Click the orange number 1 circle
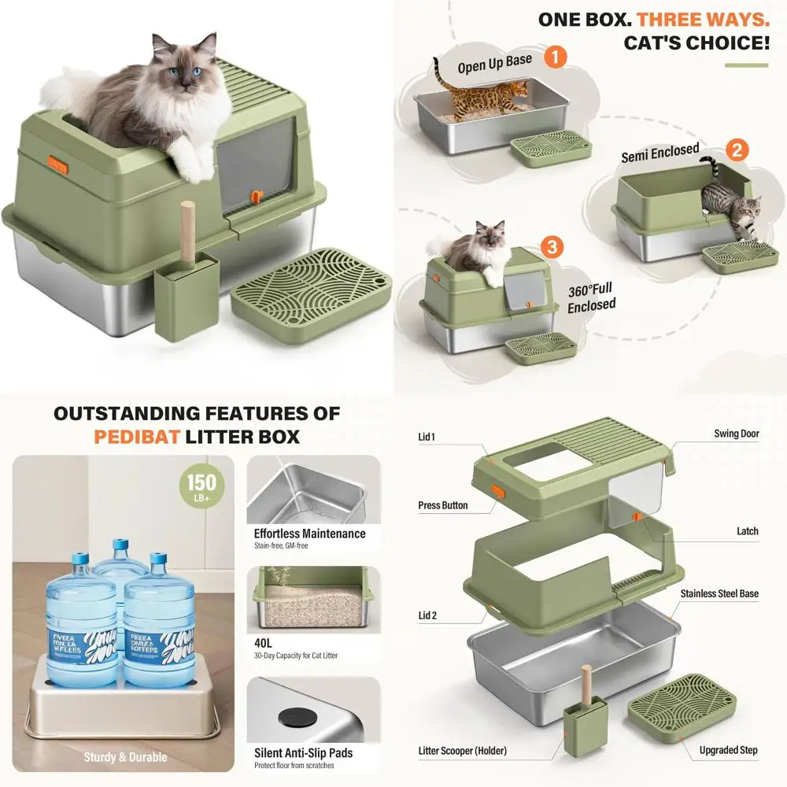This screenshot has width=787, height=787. pyautogui.click(x=556, y=57)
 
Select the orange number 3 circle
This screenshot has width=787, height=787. pyautogui.click(x=553, y=246)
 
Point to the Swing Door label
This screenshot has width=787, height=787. pyautogui.click(x=736, y=434)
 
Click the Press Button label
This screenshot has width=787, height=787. pyautogui.click(x=442, y=505)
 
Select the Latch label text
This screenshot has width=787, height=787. pyautogui.click(x=747, y=531)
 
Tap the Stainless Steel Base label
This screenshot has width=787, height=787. pyautogui.click(x=719, y=593)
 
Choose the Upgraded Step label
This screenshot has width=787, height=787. pyautogui.click(x=728, y=750)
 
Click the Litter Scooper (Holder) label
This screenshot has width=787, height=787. pyautogui.click(x=462, y=750)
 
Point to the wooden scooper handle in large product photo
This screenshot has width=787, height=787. pyautogui.click(x=188, y=227)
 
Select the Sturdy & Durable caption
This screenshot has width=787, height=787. pyautogui.click(x=125, y=757)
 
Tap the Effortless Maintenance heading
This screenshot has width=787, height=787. pyautogui.click(x=309, y=533)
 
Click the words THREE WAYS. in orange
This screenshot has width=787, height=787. pyautogui.click(x=703, y=19)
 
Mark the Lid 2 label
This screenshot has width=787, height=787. pyautogui.click(x=428, y=615)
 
